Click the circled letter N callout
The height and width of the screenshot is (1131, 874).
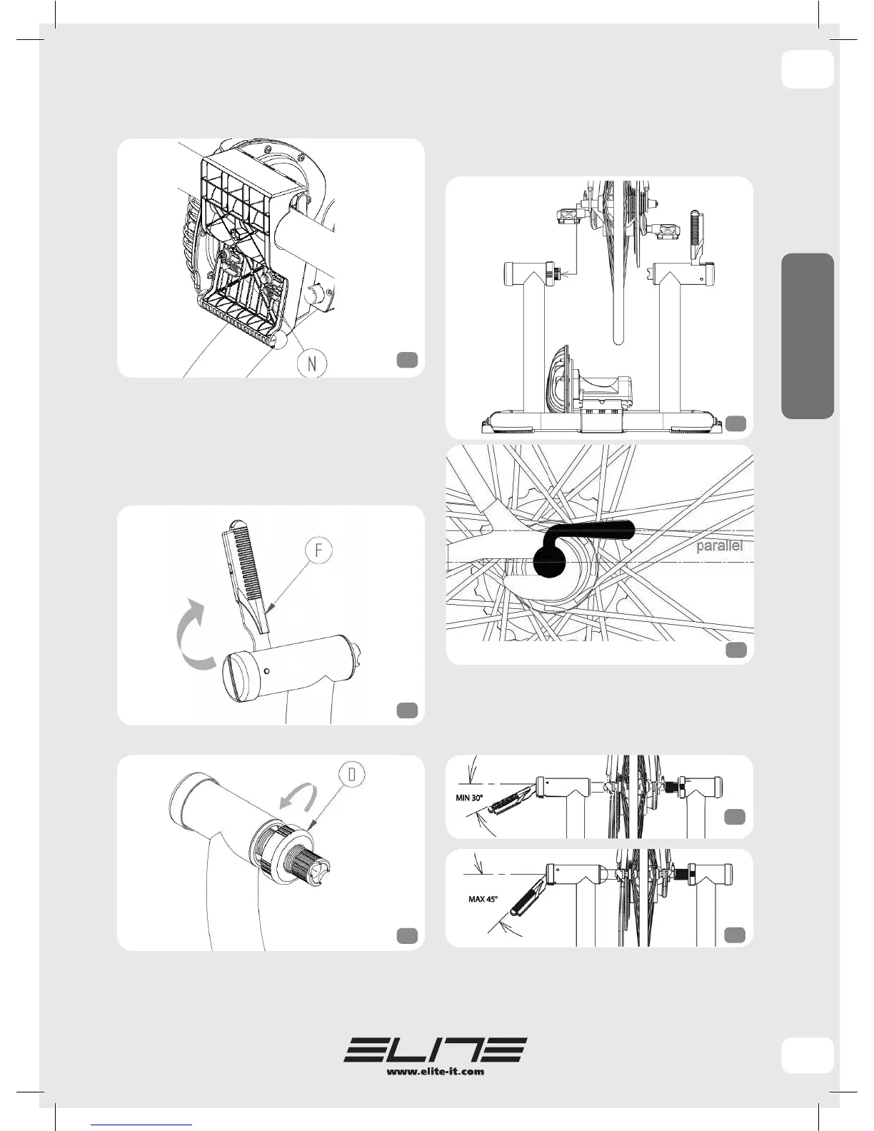(x=312, y=363)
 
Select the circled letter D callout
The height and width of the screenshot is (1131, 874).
(x=352, y=775)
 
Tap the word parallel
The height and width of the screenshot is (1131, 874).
(x=720, y=546)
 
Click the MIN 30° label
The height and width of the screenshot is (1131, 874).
(x=470, y=798)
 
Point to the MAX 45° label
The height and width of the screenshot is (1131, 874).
(x=483, y=899)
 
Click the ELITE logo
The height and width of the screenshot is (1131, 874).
(x=436, y=1050)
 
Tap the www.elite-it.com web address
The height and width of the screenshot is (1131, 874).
(x=436, y=1071)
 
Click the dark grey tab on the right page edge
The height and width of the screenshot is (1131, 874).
(x=808, y=336)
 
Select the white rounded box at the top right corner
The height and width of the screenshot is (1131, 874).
(x=808, y=69)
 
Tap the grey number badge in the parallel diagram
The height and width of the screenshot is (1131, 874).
(x=736, y=649)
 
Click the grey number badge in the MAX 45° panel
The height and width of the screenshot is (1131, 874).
(x=735, y=935)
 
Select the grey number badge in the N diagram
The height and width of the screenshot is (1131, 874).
(x=407, y=360)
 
